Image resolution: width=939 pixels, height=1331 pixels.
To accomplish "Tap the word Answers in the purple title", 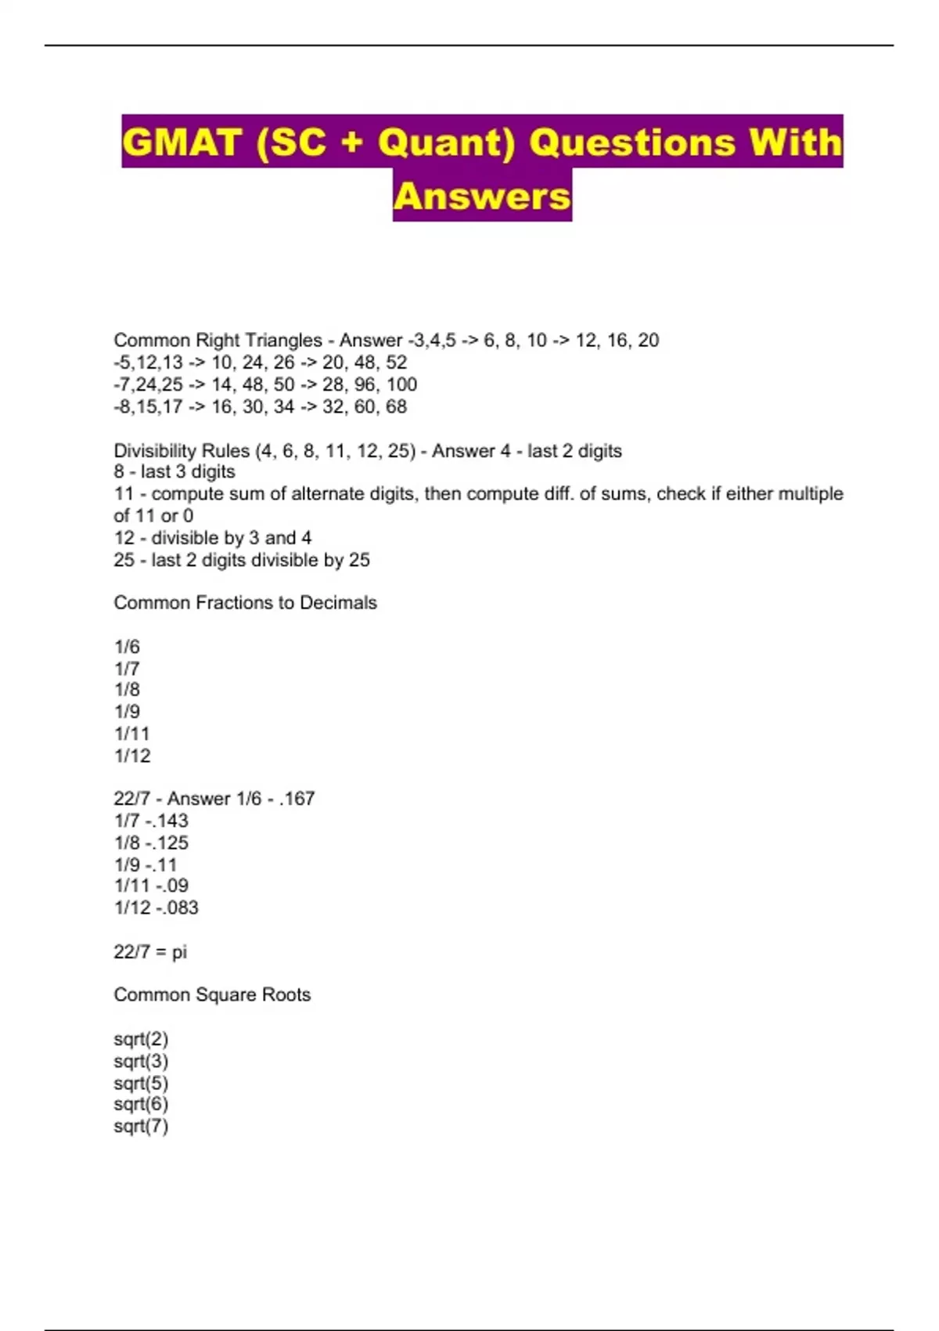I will (x=482, y=196).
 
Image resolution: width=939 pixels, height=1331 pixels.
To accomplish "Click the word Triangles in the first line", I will (x=284, y=341).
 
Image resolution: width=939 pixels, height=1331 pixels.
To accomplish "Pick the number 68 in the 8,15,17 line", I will (x=396, y=406).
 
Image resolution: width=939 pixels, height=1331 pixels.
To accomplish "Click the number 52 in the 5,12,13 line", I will (x=396, y=363).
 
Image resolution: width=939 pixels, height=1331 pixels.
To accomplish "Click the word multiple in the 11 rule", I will (x=810, y=494).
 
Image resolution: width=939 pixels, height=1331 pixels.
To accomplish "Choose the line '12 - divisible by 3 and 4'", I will (x=213, y=538).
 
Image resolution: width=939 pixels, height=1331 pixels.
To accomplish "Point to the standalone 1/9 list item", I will (x=127, y=712).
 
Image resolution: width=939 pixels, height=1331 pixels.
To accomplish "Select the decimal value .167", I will (x=297, y=799).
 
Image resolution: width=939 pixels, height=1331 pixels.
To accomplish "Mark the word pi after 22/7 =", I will (x=179, y=952).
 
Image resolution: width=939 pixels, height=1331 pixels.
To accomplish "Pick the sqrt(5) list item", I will (x=141, y=1084).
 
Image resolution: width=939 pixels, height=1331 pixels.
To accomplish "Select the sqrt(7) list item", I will (x=141, y=1127).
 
